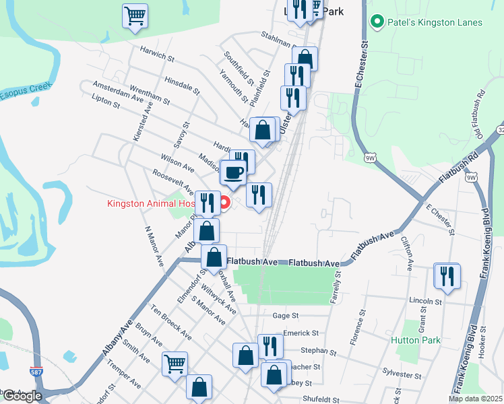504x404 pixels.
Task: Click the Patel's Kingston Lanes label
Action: pyautogui.click(x=435, y=22)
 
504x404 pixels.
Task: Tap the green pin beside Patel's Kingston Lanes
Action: pyautogui.click(x=377, y=22)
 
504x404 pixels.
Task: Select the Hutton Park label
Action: pyautogui.click(x=416, y=340)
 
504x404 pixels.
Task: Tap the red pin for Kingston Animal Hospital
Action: pyautogui.click(x=226, y=201)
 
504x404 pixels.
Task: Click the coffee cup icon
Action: pyautogui.click(x=234, y=173)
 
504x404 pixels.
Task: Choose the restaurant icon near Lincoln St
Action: pyautogui.click(x=447, y=275)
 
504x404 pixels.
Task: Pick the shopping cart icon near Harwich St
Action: pyautogui.click(x=135, y=16)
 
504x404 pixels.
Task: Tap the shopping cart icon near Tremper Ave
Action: pyautogui.click(x=175, y=364)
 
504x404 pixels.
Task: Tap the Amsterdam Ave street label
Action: pyautogui.click(x=119, y=92)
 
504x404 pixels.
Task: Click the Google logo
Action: pyautogui.click(x=22, y=396)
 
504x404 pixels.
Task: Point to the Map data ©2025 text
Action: pyautogui.click(x=475, y=399)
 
